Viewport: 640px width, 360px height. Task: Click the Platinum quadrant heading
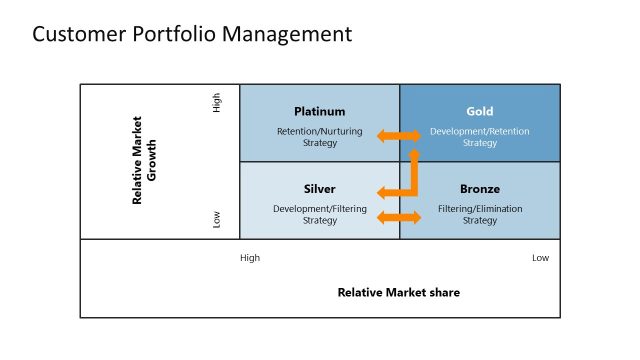[x=319, y=111]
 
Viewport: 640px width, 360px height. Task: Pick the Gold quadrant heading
[x=479, y=111]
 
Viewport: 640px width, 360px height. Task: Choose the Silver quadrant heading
[x=319, y=189]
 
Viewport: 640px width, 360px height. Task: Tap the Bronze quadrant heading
[x=479, y=189]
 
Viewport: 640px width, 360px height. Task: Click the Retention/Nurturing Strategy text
[x=319, y=137]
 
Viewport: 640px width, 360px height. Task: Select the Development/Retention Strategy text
[x=479, y=137]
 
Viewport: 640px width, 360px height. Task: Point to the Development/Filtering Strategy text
[x=319, y=214]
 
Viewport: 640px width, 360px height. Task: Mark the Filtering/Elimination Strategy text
[x=479, y=214]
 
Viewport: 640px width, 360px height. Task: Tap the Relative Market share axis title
[x=398, y=293]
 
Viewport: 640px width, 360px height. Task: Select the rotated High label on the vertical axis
[x=217, y=103]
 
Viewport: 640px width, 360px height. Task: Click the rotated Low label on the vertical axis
[x=217, y=219]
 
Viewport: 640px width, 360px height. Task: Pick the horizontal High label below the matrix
[x=250, y=258]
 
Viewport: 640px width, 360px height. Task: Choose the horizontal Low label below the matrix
[x=540, y=258]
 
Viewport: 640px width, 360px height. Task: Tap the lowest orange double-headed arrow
[x=399, y=217]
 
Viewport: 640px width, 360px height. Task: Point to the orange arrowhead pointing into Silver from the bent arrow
[x=381, y=192]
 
